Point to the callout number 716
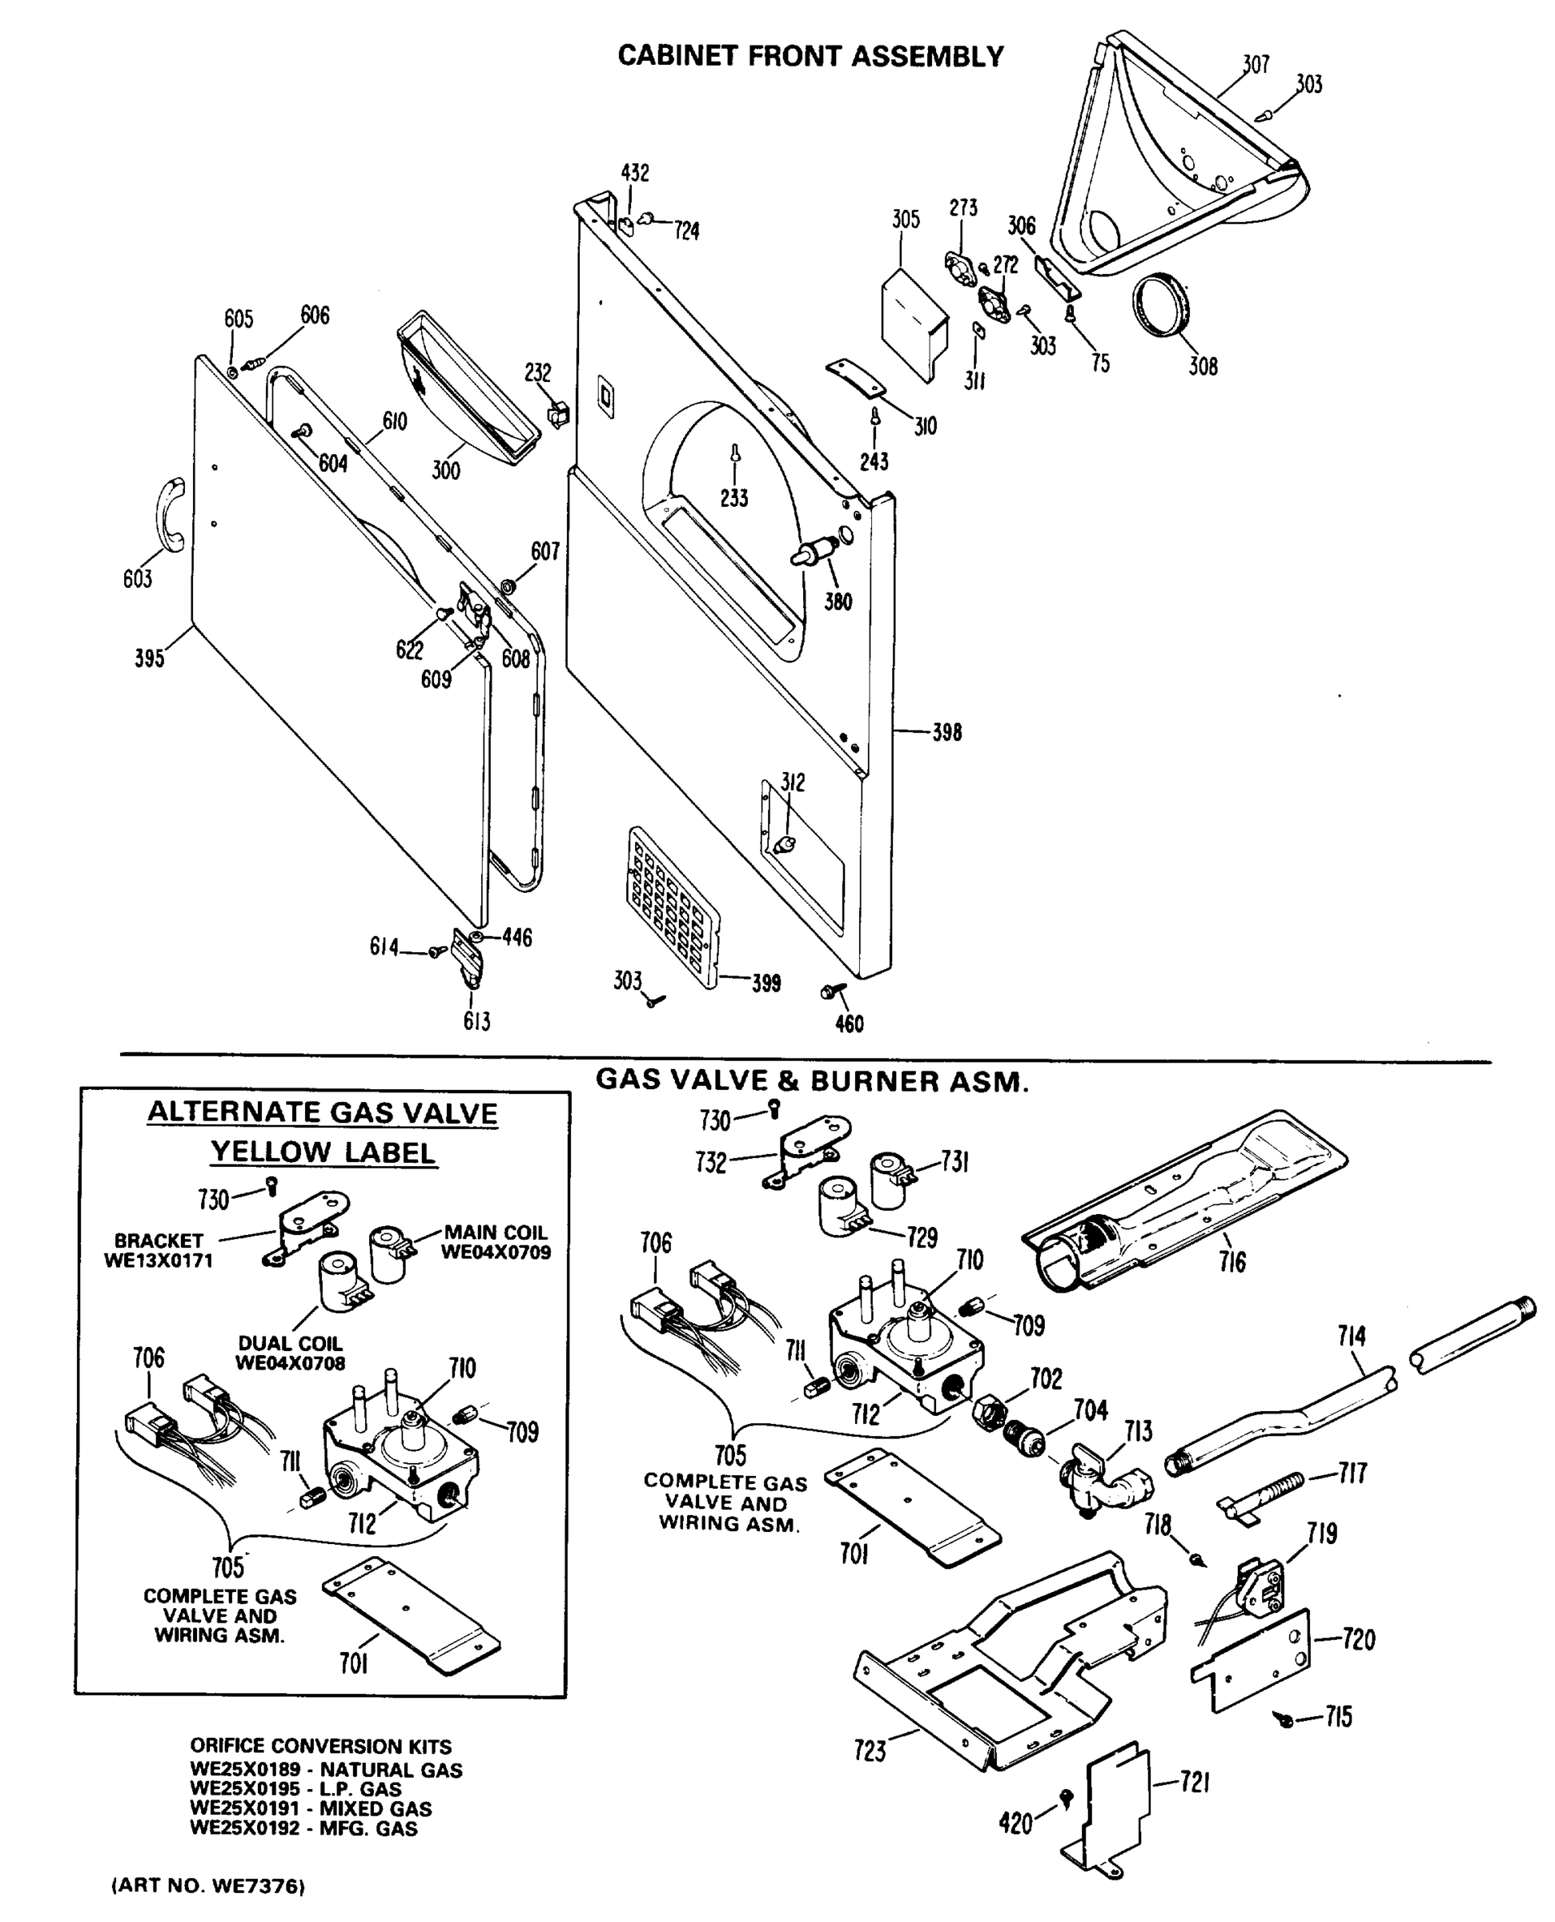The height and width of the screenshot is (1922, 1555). point(1232,1263)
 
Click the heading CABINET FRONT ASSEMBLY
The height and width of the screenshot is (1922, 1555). point(810,56)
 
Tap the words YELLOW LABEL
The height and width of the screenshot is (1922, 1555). point(323,1152)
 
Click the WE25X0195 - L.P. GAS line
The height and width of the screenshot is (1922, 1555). point(295,1788)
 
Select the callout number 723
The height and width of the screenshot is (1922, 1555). point(870,1751)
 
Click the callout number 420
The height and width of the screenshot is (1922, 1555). point(1015,1823)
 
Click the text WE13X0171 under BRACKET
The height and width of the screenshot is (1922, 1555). point(159,1261)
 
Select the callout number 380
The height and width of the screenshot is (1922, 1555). point(838,602)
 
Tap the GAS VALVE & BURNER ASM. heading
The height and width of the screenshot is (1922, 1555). point(813,1081)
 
